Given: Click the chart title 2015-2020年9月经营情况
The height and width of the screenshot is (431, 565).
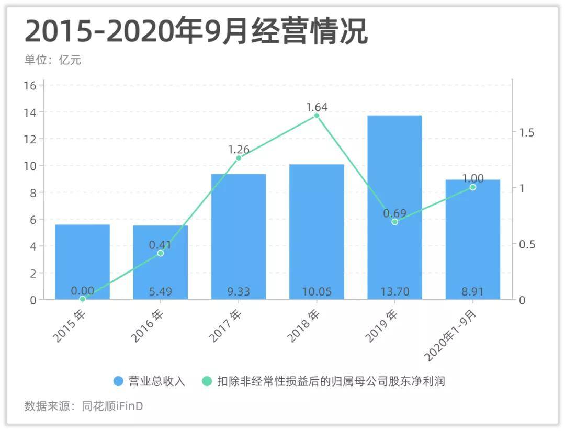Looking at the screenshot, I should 196,32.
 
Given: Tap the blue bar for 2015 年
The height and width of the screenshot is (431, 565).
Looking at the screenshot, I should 83,262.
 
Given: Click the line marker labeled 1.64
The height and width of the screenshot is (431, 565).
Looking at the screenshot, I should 317,116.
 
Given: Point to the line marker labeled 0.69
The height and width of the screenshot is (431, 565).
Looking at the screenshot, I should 394,222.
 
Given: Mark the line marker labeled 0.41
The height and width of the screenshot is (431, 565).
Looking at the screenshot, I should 161,253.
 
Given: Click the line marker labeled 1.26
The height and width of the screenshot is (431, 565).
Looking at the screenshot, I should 239,158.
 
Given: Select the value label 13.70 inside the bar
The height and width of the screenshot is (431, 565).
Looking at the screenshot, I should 394,291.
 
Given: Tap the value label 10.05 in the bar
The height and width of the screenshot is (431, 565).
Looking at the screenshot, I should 317,291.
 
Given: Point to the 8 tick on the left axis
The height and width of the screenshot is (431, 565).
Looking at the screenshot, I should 33,193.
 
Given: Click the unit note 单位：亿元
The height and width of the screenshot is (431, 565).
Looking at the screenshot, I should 53,60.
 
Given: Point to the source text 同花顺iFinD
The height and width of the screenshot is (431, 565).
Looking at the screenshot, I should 112,406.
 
